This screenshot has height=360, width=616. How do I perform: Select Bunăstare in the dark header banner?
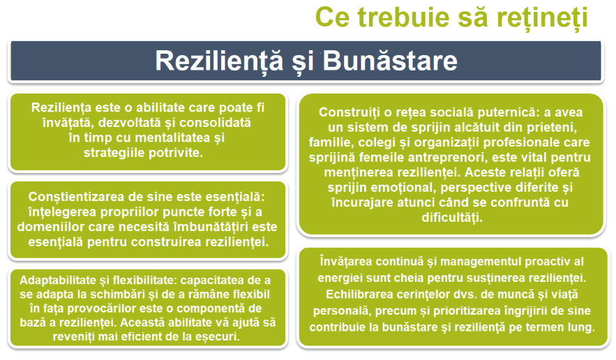(390, 61)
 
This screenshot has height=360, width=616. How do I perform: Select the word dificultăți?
(452, 218)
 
